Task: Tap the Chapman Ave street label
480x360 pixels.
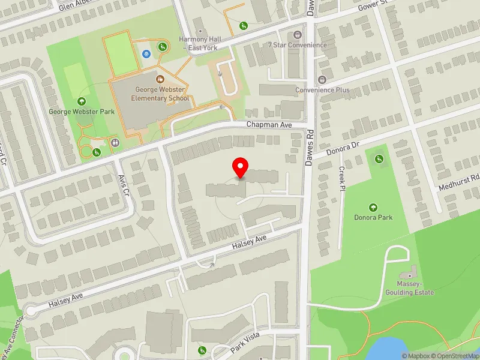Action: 269,124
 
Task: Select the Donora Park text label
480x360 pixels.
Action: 373,217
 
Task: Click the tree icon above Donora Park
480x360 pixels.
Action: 373,207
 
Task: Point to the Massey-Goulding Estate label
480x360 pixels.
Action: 415,288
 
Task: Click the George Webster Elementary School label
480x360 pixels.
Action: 160,94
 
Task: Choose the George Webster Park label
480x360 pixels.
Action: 82,112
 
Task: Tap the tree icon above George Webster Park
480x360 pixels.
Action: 82,101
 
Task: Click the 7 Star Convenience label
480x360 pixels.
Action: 298,45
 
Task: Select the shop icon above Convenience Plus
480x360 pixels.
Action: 322,80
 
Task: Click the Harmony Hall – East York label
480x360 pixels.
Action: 200,43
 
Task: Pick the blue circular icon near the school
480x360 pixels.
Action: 146,54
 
